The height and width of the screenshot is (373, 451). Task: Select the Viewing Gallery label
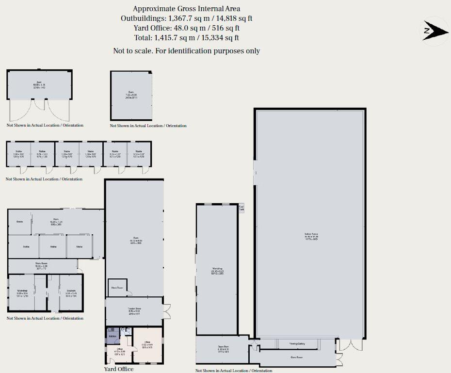click(297, 344)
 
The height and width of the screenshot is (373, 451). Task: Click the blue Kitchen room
click(113, 335)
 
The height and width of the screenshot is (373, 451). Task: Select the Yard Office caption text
click(119, 369)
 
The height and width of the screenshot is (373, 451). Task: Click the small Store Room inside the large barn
click(117, 287)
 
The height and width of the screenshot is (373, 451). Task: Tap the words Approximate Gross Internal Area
click(186, 9)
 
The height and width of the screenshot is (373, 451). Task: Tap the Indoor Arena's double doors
click(351, 345)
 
